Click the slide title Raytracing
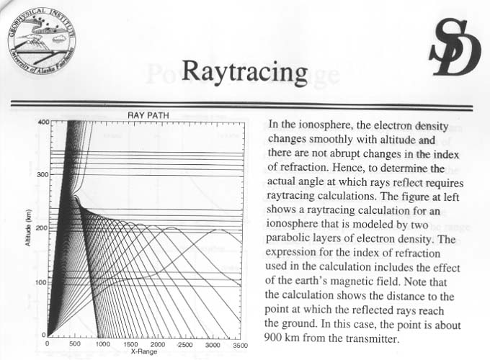coord(244,71)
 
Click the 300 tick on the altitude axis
coord(43,175)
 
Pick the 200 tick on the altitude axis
coord(43,228)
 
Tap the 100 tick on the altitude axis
coord(43,282)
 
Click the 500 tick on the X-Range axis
coord(76,344)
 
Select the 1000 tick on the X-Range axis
coord(103,344)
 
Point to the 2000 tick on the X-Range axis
coord(159,344)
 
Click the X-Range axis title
coord(143,351)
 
